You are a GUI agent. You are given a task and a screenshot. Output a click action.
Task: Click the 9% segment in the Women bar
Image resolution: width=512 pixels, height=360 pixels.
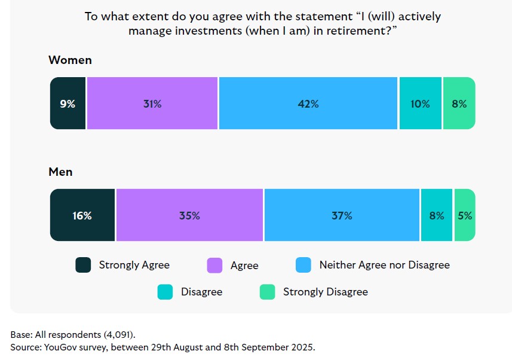(68, 103)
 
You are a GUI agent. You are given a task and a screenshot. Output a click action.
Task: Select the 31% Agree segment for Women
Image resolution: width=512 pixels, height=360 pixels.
(152, 103)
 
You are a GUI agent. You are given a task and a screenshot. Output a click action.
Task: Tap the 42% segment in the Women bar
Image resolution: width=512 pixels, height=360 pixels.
(308, 103)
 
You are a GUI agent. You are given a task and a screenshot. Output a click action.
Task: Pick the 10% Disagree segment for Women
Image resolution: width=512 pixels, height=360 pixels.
(420, 103)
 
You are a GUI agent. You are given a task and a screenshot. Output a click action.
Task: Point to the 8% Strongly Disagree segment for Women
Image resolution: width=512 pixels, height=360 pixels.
(459, 103)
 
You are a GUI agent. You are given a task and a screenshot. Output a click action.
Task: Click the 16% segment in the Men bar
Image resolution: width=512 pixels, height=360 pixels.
(82, 215)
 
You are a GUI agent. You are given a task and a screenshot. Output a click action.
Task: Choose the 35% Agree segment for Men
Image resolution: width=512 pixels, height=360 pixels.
(189, 215)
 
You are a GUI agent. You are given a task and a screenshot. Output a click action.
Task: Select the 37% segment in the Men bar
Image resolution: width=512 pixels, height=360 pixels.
(342, 215)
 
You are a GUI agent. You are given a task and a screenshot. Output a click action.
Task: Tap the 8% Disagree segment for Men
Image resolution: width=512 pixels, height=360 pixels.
(436, 215)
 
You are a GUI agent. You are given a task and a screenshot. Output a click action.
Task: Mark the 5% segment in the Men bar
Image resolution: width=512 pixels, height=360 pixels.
(465, 215)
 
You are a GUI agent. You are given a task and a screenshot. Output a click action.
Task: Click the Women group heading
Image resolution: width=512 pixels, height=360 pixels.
(70, 60)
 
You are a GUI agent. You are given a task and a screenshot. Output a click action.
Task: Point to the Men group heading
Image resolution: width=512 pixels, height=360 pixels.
(60, 172)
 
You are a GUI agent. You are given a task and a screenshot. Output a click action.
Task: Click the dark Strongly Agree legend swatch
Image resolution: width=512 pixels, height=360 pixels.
(83, 265)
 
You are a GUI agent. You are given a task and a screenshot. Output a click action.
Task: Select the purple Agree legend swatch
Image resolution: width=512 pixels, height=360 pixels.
(214, 265)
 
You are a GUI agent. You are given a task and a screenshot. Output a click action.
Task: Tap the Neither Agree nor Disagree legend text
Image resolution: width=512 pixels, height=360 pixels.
(384, 264)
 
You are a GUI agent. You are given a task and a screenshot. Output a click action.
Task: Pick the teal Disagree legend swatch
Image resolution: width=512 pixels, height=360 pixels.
(165, 292)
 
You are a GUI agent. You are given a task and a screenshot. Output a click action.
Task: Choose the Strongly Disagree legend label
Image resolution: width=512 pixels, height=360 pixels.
(325, 292)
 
